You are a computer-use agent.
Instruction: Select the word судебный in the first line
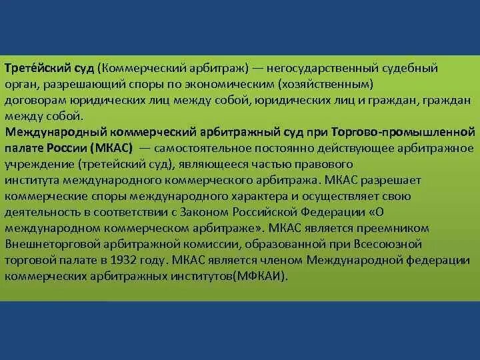coord(412,68)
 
